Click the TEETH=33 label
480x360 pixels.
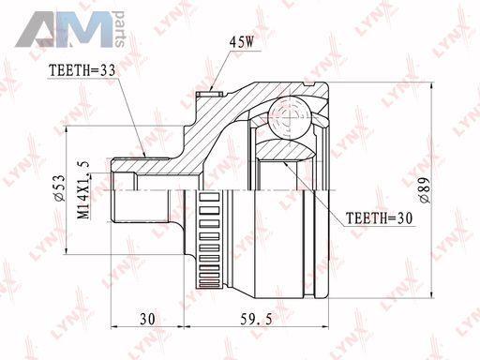(x=82, y=70)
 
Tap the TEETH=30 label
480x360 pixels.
(x=379, y=217)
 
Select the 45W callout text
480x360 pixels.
(x=241, y=42)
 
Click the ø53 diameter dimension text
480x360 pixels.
(x=60, y=187)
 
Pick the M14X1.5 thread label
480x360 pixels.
(x=83, y=190)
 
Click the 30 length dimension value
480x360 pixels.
(x=147, y=319)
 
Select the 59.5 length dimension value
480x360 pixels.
(x=256, y=319)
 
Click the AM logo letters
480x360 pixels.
(x=64, y=30)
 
